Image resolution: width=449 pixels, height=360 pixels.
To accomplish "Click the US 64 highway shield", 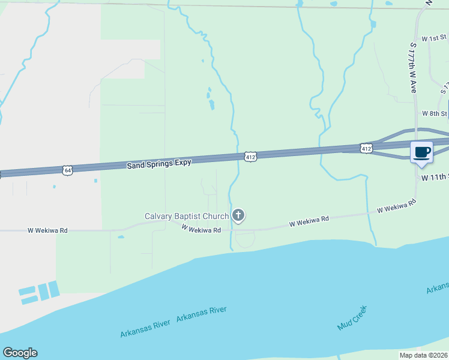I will pyautogui.click(x=67, y=170).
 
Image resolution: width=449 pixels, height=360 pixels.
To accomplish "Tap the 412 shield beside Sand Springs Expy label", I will pyautogui.click(x=251, y=157).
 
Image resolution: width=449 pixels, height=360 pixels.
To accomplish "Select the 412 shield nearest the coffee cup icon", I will pyautogui.click(x=366, y=147).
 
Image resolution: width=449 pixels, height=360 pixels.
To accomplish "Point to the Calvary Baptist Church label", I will pyautogui.click(x=187, y=216).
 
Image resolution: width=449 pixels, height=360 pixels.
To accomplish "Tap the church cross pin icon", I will pyautogui.click(x=239, y=215).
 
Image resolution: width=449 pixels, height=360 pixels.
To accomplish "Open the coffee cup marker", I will pyautogui.click(x=422, y=152).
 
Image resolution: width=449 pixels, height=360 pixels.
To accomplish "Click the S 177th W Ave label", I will pyautogui.click(x=412, y=66).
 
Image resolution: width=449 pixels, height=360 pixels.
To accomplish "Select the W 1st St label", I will pyautogui.click(x=435, y=38).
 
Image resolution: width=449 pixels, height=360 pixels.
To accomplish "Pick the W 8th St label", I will pyautogui.click(x=435, y=113).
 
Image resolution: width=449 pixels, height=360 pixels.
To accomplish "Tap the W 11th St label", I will pyautogui.click(x=434, y=178).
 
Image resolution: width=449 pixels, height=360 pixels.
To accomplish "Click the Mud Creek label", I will pyautogui.click(x=352, y=318).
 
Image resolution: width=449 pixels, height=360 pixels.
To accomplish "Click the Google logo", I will pyautogui.click(x=20, y=353).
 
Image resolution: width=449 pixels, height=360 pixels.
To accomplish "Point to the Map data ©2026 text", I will pyautogui.click(x=424, y=355).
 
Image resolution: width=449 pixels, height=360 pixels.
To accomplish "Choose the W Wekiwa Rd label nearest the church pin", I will pyautogui.click(x=201, y=229).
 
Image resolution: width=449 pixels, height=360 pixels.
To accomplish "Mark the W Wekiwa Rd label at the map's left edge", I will pyautogui.click(x=47, y=230).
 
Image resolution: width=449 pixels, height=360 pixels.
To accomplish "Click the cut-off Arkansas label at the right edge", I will pyautogui.click(x=438, y=289).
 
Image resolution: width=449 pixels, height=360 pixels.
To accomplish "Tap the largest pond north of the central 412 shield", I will pyautogui.click(x=211, y=105).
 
